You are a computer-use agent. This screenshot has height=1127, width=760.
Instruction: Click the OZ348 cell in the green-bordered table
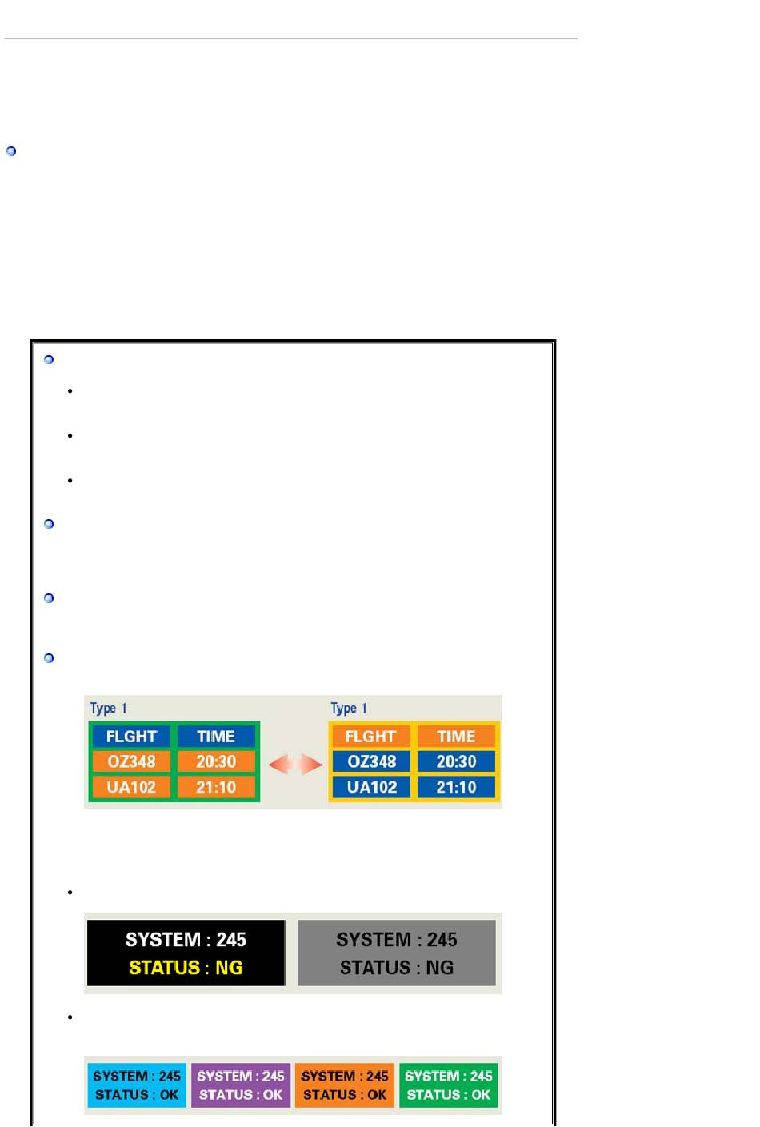(131, 761)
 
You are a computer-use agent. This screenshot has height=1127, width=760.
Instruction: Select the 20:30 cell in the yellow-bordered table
(456, 761)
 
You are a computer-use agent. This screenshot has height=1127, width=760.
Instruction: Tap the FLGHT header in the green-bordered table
(131, 736)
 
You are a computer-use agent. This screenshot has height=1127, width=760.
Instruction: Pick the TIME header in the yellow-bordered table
(456, 736)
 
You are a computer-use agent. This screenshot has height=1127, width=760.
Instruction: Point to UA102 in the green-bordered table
(131, 787)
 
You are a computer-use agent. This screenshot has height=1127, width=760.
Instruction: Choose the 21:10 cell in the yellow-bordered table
(456, 787)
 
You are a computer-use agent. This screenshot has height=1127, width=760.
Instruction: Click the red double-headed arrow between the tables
(295, 765)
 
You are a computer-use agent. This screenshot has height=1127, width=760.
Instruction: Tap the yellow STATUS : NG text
(186, 968)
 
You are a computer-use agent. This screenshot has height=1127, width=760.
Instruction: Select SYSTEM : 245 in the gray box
(397, 940)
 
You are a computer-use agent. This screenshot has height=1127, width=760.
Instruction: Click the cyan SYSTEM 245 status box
(137, 1085)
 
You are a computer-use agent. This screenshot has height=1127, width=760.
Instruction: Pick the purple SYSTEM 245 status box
(241, 1085)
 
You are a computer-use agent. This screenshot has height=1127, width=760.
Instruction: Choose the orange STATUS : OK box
(345, 1095)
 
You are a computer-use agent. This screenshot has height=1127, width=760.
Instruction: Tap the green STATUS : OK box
(449, 1095)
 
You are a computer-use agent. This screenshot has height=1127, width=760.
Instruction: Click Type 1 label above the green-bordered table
(108, 709)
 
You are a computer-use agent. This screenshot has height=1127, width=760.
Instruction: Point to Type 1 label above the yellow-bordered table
(349, 709)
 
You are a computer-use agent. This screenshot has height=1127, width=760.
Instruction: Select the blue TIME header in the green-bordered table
(216, 736)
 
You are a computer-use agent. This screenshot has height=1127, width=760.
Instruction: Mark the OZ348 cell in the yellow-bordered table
(372, 761)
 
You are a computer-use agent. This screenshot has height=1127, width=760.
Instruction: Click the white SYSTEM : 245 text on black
(186, 940)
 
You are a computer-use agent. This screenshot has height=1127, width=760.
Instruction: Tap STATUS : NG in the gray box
(397, 968)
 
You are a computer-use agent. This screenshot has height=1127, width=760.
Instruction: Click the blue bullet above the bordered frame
(11, 151)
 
